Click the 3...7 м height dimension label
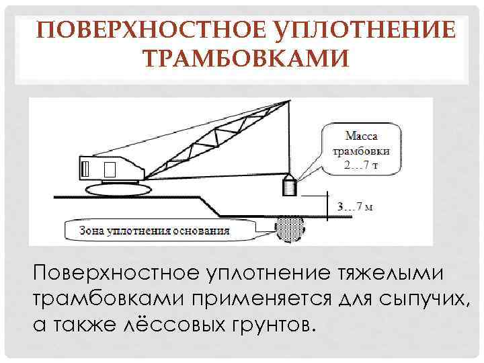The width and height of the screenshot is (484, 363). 355,206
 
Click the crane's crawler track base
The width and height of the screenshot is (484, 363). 118,188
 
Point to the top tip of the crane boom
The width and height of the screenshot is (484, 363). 288,101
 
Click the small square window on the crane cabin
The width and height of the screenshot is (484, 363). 111,168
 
